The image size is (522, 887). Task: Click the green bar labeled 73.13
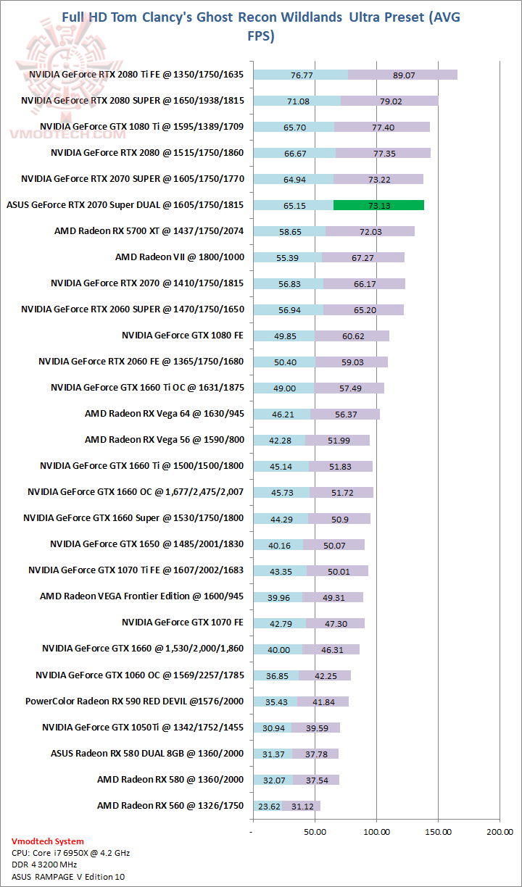(378, 205)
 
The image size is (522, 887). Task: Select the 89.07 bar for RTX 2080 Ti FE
(402, 75)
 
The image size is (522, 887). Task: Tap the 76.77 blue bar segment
(300, 75)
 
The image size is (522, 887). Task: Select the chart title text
(260, 26)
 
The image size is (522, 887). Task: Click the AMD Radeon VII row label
(179, 257)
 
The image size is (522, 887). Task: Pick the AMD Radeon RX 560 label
(170, 805)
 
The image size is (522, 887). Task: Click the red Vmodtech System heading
(48, 841)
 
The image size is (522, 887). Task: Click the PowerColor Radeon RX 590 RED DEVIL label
(134, 701)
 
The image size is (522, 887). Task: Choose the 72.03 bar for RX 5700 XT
(370, 231)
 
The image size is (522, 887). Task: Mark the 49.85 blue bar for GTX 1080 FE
(283, 336)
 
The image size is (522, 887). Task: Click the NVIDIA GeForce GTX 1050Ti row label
(142, 727)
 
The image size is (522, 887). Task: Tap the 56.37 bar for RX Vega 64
(345, 414)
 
